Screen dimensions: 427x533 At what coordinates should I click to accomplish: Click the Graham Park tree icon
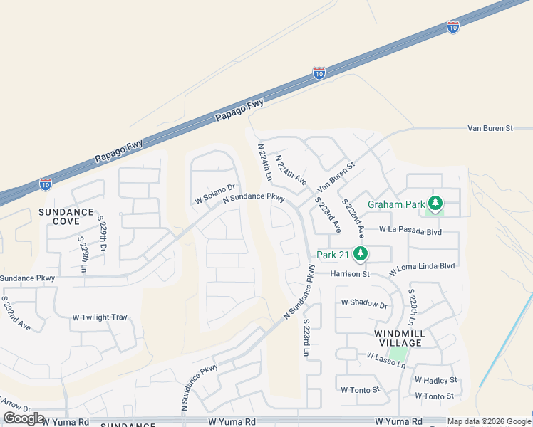[435, 204]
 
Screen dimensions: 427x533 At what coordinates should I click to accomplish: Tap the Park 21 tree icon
[361, 254]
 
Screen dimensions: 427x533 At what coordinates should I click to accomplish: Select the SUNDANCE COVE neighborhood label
[66, 216]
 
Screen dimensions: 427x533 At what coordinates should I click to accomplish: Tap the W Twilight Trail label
[100, 317]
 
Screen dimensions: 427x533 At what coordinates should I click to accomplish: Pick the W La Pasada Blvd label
[410, 231]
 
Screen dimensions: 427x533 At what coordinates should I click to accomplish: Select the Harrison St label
[350, 274]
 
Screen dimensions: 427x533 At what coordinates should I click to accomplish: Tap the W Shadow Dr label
[363, 305]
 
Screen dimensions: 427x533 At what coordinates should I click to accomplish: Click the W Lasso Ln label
[385, 360]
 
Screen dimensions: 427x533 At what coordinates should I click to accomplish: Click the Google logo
[24, 418]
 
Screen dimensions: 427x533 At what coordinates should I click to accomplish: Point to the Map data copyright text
[489, 421]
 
